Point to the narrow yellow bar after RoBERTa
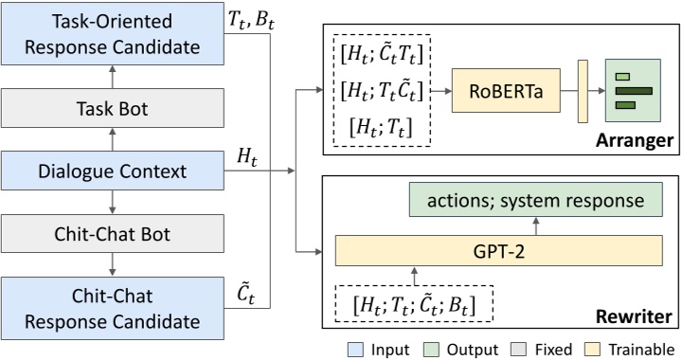coord(584,92)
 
